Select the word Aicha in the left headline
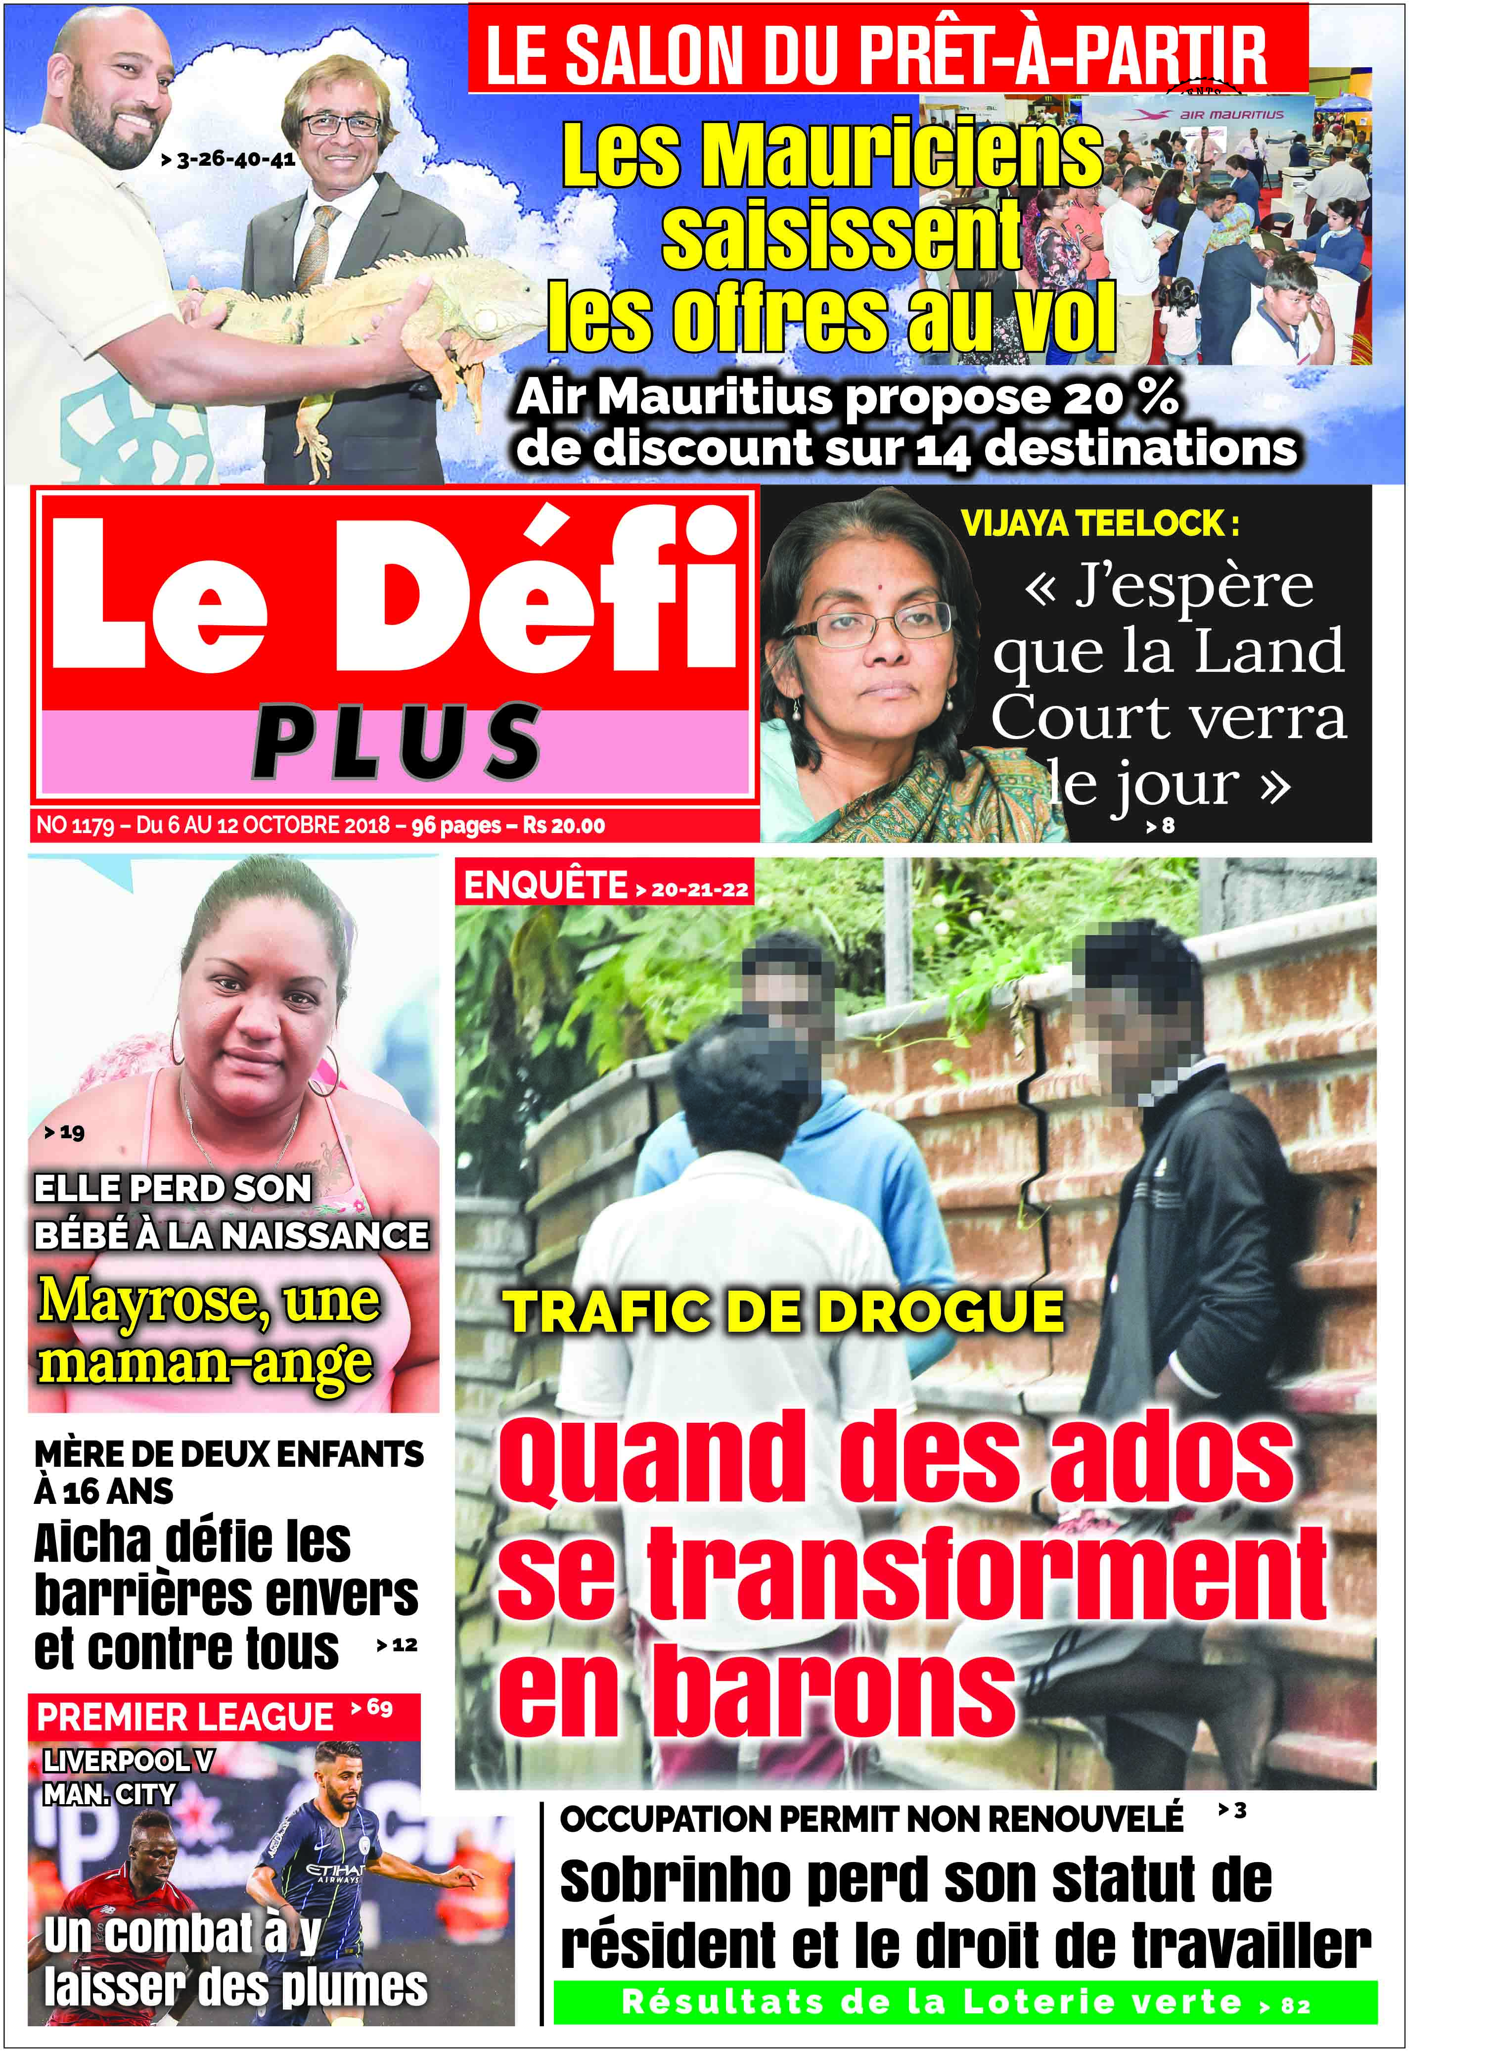pos(89,1542)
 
